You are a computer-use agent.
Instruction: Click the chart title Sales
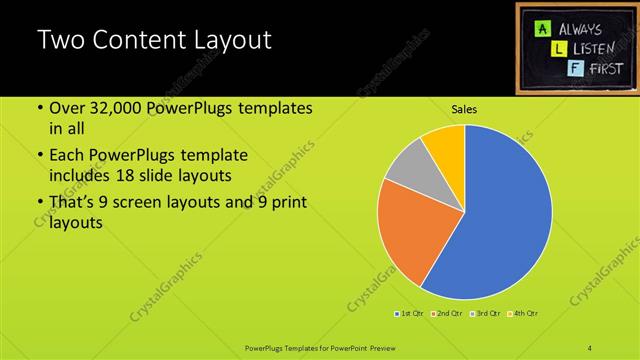pyautogui.click(x=464, y=109)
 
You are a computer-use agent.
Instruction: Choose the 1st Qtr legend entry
pyautogui.click(x=410, y=315)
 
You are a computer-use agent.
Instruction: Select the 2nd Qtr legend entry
pyautogui.click(x=446, y=315)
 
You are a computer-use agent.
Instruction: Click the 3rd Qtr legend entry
pyautogui.click(x=485, y=315)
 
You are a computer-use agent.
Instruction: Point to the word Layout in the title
pyautogui.click(x=232, y=41)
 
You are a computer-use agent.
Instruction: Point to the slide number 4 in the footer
pyautogui.click(x=590, y=347)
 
